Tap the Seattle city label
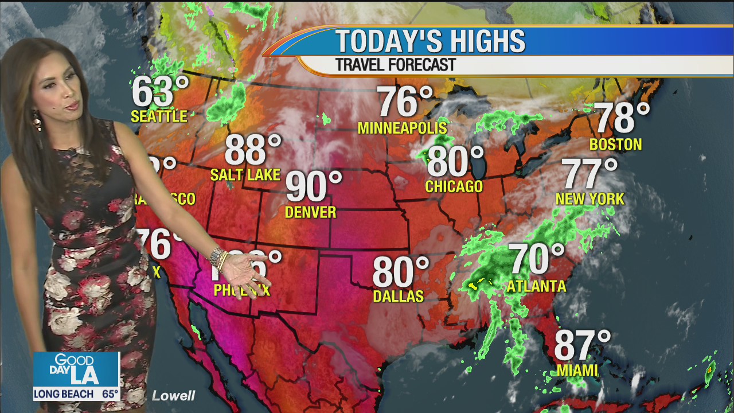tap(159, 116)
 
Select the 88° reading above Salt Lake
tap(252, 150)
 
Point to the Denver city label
tap(310, 212)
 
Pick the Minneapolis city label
tap(402, 127)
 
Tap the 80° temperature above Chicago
tap(455, 162)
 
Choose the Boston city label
tap(615, 145)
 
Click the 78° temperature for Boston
tap(621, 118)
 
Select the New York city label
tap(589, 199)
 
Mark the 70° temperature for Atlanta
tap(537, 259)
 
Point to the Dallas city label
tap(398, 296)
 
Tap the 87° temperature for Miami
tap(582, 346)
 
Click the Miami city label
tap(577, 371)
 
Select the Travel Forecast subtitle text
tap(395, 65)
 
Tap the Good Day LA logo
tap(76, 369)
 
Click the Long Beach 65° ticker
tap(76, 394)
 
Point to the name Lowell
tap(173, 396)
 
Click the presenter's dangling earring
tap(37, 120)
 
